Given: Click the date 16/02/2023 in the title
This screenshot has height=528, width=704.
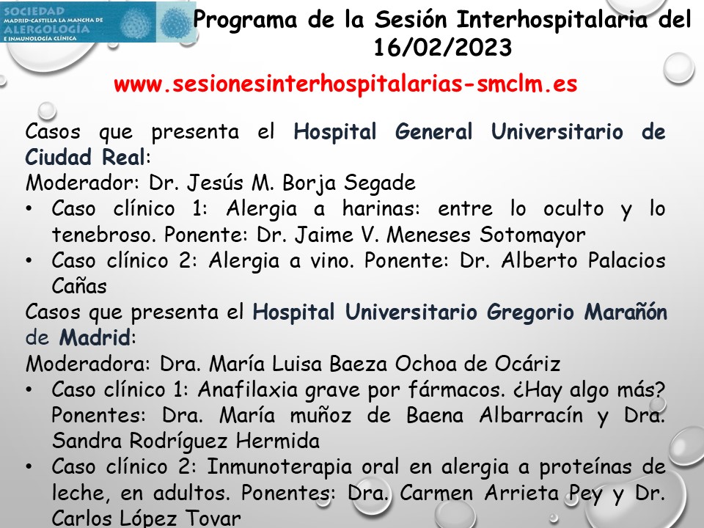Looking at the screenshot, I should pyautogui.click(x=442, y=48).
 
